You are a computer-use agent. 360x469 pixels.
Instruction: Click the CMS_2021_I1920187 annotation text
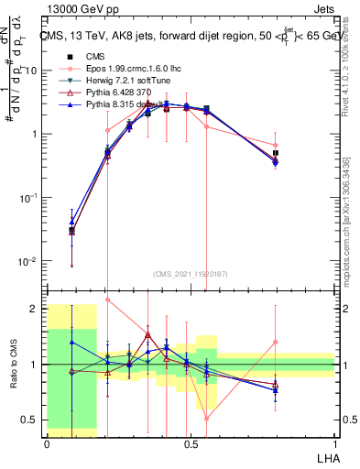[191, 273]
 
